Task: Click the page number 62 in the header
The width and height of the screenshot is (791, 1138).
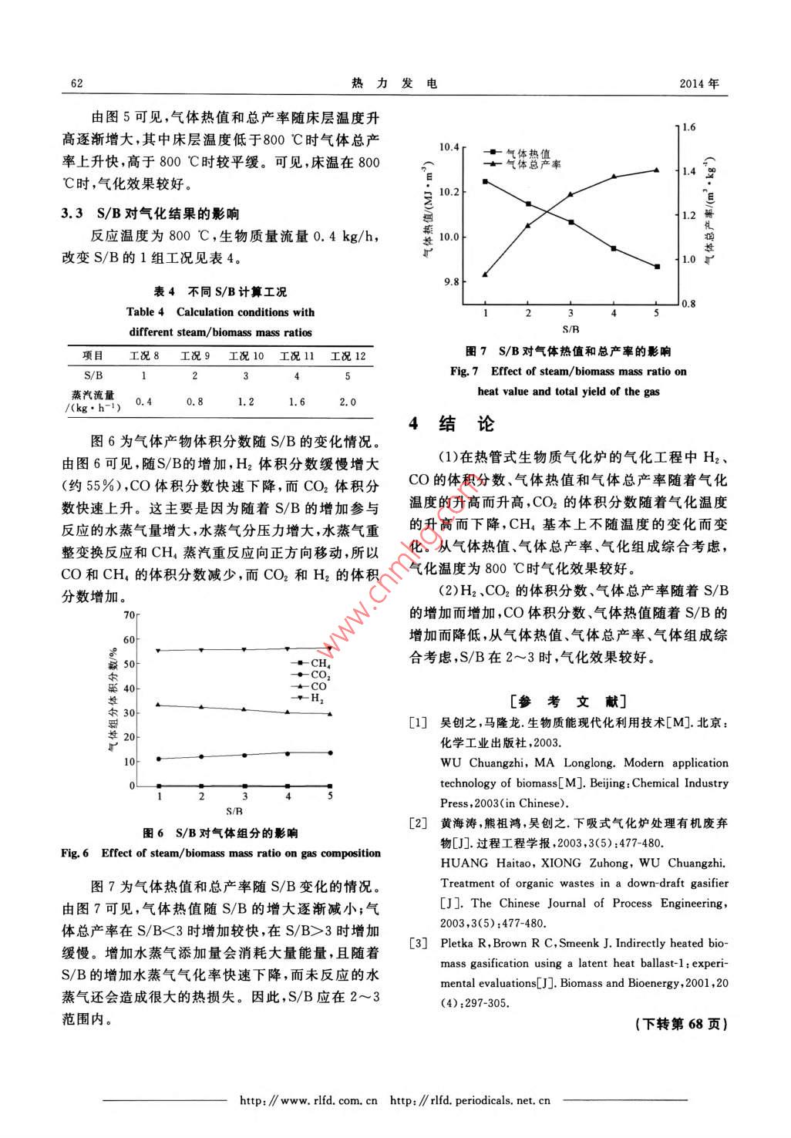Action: [x=76, y=83]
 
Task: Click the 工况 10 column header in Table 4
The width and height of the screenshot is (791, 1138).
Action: [x=246, y=355]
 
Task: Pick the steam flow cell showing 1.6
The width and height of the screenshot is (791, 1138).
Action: [x=297, y=402]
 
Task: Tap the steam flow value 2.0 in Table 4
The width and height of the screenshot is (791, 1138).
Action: [x=348, y=402]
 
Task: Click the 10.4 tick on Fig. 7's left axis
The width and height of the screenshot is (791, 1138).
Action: [x=448, y=146]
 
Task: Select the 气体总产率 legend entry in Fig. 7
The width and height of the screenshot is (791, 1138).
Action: [x=533, y=165]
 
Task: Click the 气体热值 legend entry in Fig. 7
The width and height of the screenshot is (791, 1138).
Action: [x=528, y=154]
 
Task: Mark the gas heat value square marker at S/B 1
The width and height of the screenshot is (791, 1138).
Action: [x=485, y=181]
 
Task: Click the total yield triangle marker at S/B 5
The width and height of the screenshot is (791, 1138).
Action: [x=656, y=170]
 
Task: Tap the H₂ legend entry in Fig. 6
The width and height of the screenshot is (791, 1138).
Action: [x=317, y=698]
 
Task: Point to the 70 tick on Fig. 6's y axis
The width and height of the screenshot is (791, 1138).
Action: [x=129, y=614]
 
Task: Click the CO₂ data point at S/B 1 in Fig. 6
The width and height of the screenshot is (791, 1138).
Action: [x=159, y=759]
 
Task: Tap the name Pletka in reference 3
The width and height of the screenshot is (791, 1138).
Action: [x=457, y=943]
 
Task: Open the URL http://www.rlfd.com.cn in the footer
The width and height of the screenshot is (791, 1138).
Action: [x=308, y=1100]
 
